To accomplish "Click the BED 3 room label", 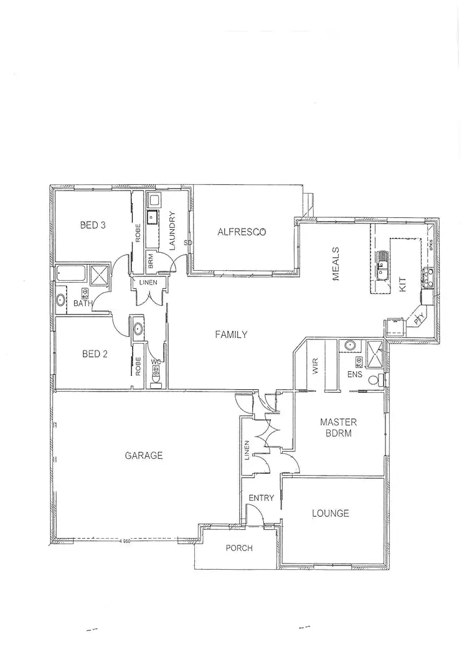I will click(92, 225).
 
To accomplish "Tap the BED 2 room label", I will click(95, 354).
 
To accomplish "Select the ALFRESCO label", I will click(242, 232).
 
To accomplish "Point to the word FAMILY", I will click(231, 334).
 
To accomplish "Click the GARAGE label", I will click(144, 455).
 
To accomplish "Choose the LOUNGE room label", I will click(330, 514).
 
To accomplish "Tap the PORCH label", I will click(239, 549).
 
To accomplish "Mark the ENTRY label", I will click(260, 498).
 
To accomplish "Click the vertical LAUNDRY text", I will click(172, 232).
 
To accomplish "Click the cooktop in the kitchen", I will click(428, 276).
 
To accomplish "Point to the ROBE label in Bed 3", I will click(138, 232).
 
